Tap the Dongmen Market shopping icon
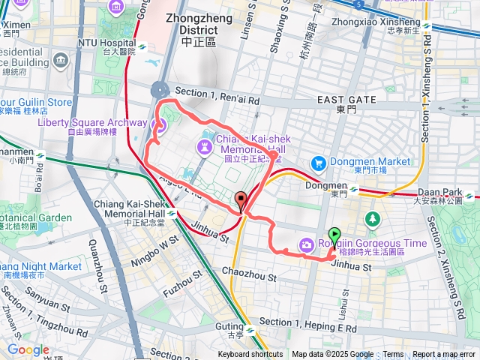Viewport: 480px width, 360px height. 318,162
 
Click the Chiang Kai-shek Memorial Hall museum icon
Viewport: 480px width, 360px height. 205,144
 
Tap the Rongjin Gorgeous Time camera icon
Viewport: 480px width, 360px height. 307,244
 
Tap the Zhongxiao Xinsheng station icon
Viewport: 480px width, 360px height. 426,25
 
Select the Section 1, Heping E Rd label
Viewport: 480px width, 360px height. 307,323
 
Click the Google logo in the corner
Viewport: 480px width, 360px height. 28,349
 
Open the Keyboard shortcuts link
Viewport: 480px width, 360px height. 250,355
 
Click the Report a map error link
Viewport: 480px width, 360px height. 445,355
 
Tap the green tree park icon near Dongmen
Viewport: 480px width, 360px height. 372,219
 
